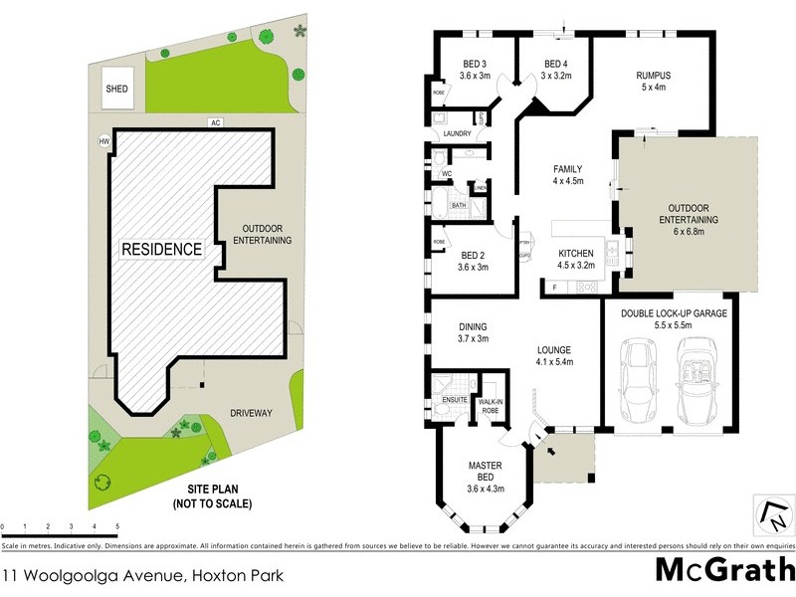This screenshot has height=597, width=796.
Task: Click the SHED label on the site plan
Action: [116, 89]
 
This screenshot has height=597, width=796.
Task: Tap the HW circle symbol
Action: [104, 141]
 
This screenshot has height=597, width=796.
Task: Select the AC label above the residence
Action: [214, 122]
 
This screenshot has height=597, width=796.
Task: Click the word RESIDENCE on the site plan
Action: [161, 249]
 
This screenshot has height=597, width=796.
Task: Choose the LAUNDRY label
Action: [457, 133]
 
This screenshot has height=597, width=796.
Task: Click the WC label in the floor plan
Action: [447, 174]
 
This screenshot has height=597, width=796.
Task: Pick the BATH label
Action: [459, 206]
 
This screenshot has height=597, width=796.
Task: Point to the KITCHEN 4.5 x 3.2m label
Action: [577, 260]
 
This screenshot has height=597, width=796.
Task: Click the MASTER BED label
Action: [486, 476]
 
